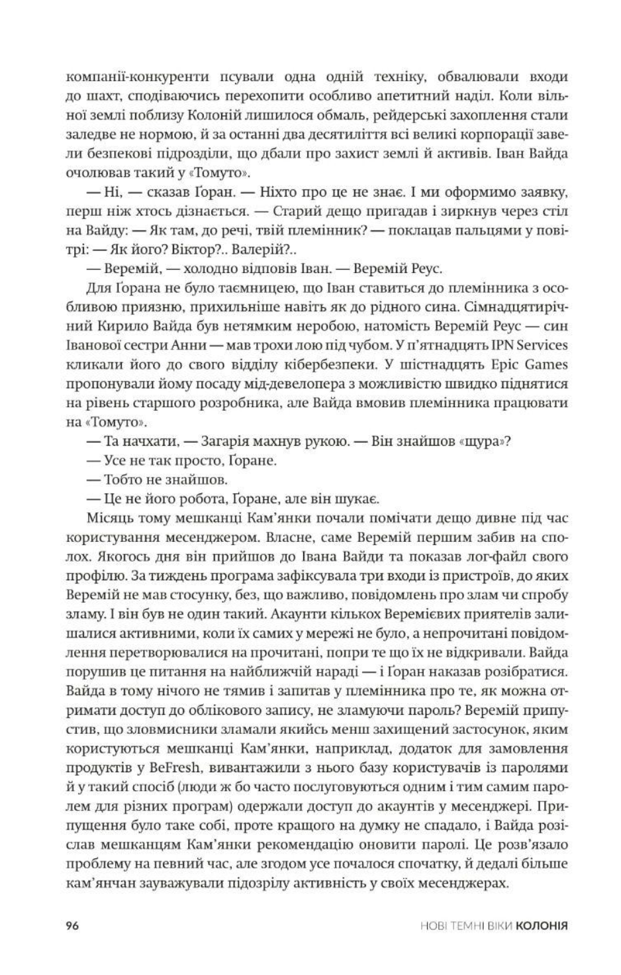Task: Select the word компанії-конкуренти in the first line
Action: tap(128, 77)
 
